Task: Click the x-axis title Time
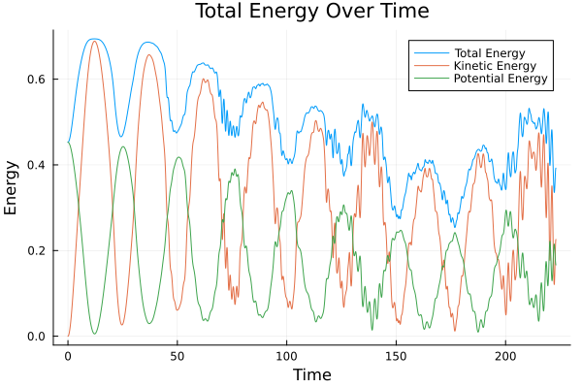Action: pyautogui.click(x=311, y=374)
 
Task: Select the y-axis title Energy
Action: pyautogui.click(x=13, y=186)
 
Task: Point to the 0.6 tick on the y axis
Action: pyautogui.click(x=37, y=80)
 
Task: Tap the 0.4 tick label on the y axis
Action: pyautogui.click(x=37, y=165)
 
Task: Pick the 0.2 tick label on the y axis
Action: pyautogui.click(x=37, y=251)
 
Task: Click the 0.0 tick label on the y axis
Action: pyautogui.click(x=37, y=337)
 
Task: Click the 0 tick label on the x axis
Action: pyautogui.click(x=68, y=355)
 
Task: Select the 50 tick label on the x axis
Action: pyautogui.click(x=178, y=355)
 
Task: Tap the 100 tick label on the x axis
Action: pyautogui.click(x=286, y=355)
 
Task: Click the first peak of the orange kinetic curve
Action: pyautogui.click(x=94, y=41)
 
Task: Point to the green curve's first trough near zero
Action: pyautogui.click(x=94, y=334)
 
